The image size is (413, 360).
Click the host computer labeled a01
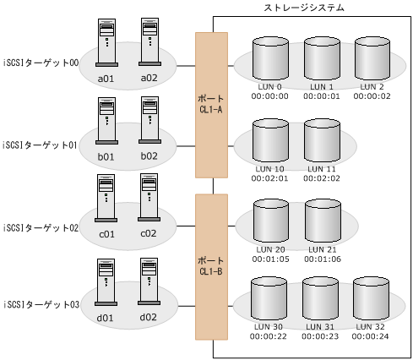[106, 43]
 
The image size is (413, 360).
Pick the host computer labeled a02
[149, 43]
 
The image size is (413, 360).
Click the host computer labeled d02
[149, 281]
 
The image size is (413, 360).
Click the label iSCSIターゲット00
[40, 63]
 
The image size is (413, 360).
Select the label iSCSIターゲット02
[40, 227]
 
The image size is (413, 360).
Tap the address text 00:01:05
[271, 259]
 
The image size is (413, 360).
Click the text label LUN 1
[321, 87]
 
